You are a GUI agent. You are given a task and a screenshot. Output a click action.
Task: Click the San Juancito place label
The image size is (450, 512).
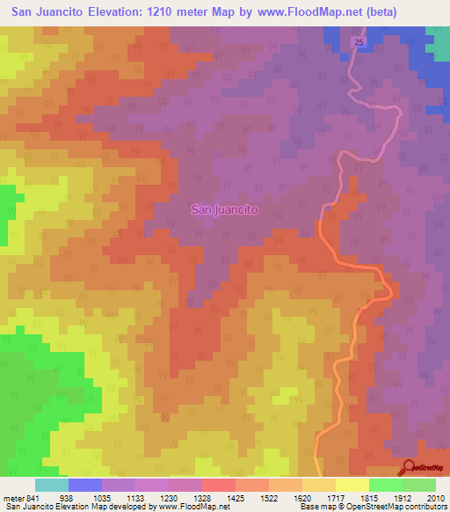[225, 210]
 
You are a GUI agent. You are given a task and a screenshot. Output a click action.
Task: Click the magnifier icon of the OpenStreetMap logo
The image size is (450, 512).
[409, 467]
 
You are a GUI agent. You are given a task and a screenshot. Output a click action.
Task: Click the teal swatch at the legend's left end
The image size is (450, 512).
[51, 485]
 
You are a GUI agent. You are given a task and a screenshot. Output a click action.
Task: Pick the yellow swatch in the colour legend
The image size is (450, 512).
[352, 485]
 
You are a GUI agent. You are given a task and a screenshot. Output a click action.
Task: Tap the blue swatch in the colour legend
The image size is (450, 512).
[85, 485]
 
